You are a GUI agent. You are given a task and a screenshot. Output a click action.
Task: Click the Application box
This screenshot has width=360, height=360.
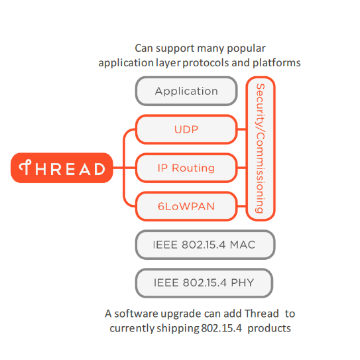186,91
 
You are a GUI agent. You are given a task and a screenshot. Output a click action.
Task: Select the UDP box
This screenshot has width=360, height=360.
186,129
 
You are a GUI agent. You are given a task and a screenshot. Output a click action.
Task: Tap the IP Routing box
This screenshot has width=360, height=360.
186,168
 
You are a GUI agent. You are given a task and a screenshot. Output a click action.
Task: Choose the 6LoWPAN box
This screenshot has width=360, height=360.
186,206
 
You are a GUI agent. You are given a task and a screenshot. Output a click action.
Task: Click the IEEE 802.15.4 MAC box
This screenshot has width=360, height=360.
205,245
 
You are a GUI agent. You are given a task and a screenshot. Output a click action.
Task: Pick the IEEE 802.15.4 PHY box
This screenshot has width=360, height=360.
204,283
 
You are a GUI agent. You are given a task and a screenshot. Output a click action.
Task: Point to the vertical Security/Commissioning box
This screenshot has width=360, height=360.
261,149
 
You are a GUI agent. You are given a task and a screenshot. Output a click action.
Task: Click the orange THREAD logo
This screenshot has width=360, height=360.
62,168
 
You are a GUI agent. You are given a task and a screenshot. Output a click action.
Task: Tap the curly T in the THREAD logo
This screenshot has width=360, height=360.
25,167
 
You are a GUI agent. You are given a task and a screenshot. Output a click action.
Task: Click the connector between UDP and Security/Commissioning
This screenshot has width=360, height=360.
241,129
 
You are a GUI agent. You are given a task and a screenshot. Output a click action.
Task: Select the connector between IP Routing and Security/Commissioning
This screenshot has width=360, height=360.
241,168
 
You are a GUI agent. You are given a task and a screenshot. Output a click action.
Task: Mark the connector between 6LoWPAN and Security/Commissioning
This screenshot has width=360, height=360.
241,206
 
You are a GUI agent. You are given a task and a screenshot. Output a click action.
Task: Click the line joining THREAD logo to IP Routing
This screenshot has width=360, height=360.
124,168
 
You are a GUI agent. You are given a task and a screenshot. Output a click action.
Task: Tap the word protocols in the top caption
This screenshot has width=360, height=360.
206,63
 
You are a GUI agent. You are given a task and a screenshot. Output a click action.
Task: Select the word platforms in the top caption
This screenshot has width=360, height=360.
276,63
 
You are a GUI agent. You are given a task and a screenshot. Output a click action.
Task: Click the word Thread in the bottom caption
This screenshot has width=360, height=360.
261,314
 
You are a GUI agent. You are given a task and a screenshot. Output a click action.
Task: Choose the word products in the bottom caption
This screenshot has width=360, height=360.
269,328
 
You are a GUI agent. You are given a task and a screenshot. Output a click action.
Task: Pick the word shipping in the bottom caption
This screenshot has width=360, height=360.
178,329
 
